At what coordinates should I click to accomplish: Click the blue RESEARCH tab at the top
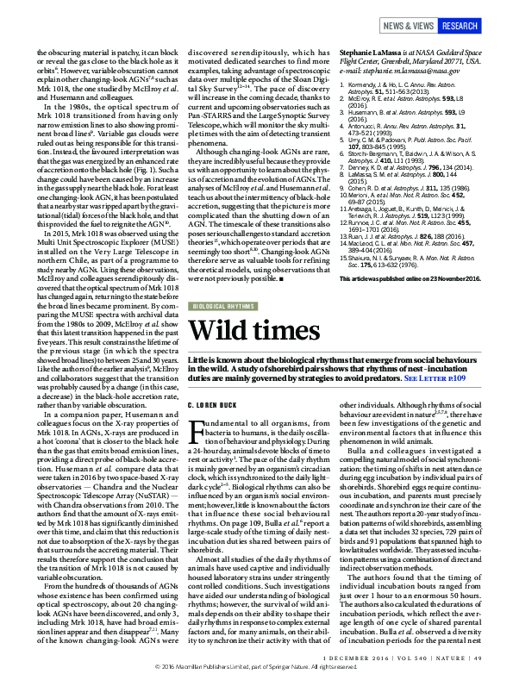pyautogui.click(x=459, y=26)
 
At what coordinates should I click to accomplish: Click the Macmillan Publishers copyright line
pyautogui.click(x=256, y=667)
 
